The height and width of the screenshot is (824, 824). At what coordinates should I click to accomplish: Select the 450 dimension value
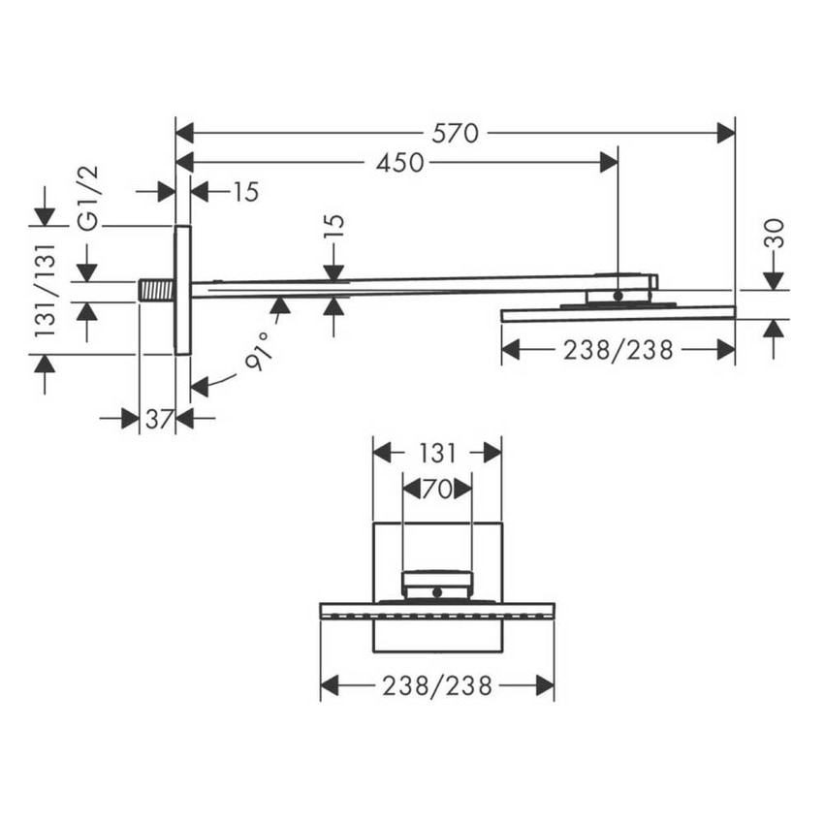[x=400, y=163]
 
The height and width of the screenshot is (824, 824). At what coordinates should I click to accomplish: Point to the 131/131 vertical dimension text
[x=47, y=290]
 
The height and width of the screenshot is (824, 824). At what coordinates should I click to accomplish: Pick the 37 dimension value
[x=158, y=419]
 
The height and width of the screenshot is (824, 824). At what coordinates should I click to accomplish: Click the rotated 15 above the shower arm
[x=334, y=226]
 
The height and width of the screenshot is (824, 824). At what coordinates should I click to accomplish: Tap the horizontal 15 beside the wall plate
[x=246, y=192]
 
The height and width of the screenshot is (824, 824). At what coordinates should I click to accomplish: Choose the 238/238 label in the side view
[x=618, y=350]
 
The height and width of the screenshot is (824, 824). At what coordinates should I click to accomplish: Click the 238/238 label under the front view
[x=437, y=686]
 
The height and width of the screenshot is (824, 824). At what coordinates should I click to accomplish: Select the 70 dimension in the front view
[x=437, y=490]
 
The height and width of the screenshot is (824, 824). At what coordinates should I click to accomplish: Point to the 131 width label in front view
[x=437, y=453]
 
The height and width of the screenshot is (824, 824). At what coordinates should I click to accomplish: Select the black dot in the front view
[x=437, y=590]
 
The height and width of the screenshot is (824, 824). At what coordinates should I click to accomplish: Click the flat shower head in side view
[x=618, y=313]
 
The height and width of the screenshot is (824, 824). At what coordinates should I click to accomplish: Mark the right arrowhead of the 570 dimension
[x=726, y=134]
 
